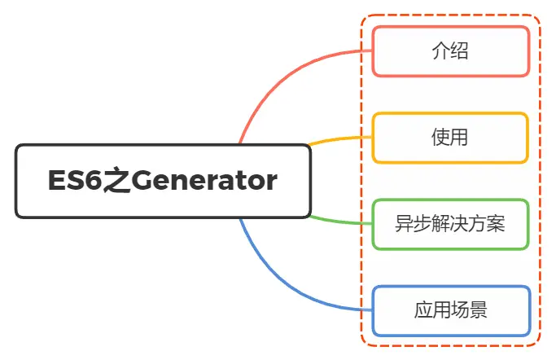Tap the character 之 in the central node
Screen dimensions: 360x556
[115, 181]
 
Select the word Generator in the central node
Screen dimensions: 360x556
[204, 181]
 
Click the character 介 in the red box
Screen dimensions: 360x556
[440, 51]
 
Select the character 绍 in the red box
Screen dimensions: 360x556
[459, 51]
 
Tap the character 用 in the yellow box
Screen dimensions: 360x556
[459, 137]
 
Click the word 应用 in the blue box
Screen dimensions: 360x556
[431, 310]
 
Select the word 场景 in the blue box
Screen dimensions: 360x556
[469, 310]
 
